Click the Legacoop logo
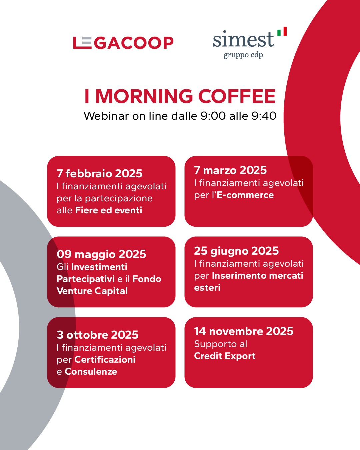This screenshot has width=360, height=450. [x=123, y=43]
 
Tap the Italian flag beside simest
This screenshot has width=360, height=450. [x=282, y=31]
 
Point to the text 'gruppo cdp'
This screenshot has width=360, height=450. [x=243, y=55]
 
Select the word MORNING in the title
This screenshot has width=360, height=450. [x=144, y=96]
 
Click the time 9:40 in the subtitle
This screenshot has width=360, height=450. [x=264, y=116]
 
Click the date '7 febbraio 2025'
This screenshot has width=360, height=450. [x=100, y=173]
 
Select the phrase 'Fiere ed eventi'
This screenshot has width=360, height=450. [x=109, y=210]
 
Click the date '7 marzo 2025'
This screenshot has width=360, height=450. [x=230, y=170]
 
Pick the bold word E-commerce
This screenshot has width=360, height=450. [x=245, y=195]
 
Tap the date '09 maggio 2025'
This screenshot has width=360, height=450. [x=101, y=254]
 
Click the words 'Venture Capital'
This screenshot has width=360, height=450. [x=92, y=291]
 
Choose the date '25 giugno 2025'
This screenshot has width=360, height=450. [x=236, y=251]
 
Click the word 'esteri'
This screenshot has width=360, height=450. [x=207, y=288]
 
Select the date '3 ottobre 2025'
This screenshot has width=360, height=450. [x=97, y=335]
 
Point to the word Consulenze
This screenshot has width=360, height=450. [x=91, y=372]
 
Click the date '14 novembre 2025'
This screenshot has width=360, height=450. [x=244, y=331]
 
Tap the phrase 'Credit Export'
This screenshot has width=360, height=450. [x=225, y=356]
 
